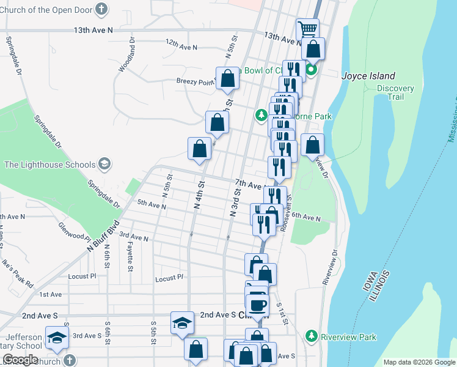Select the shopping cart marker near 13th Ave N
pyautogui.click(x=308, y=29)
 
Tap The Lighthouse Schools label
pyautogui.click(x=50, y=165)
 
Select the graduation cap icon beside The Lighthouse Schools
pyautogui.click(x=104, y=164)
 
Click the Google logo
pyautogui.click(x=20, y=360)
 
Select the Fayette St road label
pyautogui.click(x=130, y=256)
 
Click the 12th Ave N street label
pyautogui.click(x=181, y=46)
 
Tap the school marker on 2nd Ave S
pyautogui.click(x=182, y=323)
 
